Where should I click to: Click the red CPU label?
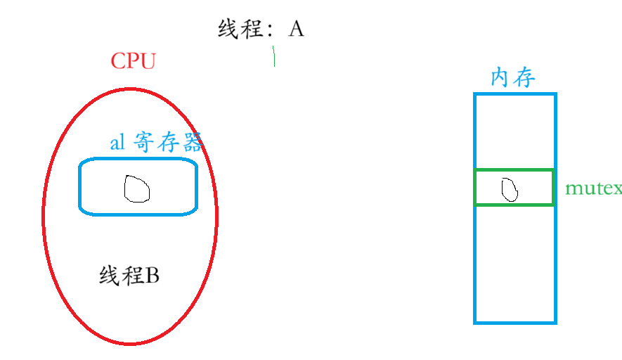pos(133,61)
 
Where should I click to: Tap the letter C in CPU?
pos(117,61)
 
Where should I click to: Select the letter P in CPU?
pos(132,61)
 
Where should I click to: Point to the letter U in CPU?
pos(147,61)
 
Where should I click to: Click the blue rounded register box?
pos(138,186)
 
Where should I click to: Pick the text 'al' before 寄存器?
pos(117,143)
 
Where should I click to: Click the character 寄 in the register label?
pos(144,143)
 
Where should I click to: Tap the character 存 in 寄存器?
pos(167,143)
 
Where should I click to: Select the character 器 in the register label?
pos(191,143)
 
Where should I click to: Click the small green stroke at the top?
pos(274,56)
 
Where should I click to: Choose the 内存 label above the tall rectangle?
pos(513,77)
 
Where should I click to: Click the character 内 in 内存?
pos(500,77)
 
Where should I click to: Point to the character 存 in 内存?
pos(524,77)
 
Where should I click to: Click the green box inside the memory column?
pos(514,187)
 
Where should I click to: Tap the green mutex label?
pos(593,188)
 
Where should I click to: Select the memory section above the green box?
pos(515,131)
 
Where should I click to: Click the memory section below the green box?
pos(515,264)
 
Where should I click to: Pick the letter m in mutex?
pos(573,189)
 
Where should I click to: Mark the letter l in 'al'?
pos(122,142)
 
